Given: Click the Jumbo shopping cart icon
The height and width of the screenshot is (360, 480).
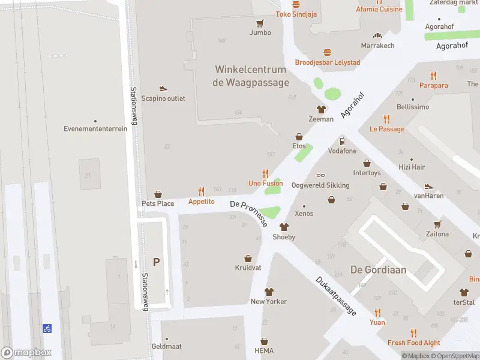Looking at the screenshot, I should click(x=260, y=23).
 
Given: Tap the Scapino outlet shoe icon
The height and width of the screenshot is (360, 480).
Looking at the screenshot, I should click(x=163, y=89).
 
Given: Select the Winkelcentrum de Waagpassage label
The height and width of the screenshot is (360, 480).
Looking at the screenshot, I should click(x=251, y=76).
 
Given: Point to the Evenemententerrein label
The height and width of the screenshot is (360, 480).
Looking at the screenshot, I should click(x=95, y=128).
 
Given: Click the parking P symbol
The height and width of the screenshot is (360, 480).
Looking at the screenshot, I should click(x=157, y=262).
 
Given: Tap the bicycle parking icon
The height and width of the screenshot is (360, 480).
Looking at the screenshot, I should click(x=47, y=328).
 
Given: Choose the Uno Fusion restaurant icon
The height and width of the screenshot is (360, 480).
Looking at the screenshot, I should click(x=265, y=173).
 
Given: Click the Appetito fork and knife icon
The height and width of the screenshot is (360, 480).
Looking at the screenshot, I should click(x=201, y=192).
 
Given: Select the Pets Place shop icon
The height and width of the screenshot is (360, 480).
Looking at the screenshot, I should click(x=158, y=194).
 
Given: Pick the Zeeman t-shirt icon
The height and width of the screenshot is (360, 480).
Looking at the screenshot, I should click(x=321, y=109).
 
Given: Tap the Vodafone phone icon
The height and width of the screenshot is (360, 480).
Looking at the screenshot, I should click(x=341, y=142).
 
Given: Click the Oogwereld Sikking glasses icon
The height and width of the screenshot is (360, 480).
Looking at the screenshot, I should click(x=320, y=175).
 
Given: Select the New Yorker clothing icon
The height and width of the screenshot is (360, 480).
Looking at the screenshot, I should click(x=268, y=292).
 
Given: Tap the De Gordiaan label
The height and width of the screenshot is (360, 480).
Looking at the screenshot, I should click(x=378, y=269).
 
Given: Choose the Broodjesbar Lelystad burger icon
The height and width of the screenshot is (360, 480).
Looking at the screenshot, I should click(x=327, y=52).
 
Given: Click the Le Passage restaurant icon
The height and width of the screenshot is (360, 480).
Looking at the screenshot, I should click(x=386, y=119).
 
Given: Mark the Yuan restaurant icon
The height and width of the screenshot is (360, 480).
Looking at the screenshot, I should click(x=377, y=312).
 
